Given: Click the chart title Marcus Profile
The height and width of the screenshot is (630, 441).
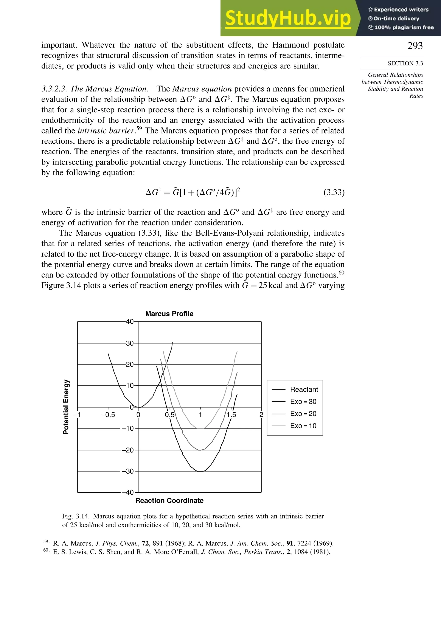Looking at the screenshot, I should [169, 314].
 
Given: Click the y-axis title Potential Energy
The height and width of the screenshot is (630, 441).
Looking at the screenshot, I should [66, 407].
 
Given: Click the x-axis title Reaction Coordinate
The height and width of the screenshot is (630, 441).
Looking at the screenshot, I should [169, 500].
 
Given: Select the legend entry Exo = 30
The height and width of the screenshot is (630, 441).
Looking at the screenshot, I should [303, 401].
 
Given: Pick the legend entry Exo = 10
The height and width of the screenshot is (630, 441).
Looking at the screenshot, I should [303, 426].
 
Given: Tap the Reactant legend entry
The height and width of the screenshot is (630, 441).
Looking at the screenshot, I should [304, 389].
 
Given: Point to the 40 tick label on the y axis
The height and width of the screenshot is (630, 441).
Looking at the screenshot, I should [130, 322].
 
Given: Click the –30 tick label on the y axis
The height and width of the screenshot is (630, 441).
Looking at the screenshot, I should [128, 471].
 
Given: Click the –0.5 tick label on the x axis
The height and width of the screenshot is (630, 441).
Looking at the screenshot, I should [108, 415].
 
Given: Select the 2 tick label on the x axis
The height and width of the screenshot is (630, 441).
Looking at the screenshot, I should [261, 415].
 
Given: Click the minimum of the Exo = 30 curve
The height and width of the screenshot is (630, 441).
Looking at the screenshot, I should [201, 471].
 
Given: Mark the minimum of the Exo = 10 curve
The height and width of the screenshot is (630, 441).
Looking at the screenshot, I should [201, 428].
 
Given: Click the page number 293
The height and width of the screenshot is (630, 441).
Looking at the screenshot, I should [415, 46].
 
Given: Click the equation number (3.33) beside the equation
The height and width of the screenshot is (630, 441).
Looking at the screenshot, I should [334, 192].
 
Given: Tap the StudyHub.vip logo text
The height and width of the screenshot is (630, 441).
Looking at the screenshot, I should [288, 18].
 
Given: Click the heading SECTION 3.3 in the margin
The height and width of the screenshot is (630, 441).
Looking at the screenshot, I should [405, 63].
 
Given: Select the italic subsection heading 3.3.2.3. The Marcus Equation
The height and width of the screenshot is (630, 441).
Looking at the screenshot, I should [95, 89].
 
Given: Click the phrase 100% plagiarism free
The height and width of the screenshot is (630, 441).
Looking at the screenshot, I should [404, 27].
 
